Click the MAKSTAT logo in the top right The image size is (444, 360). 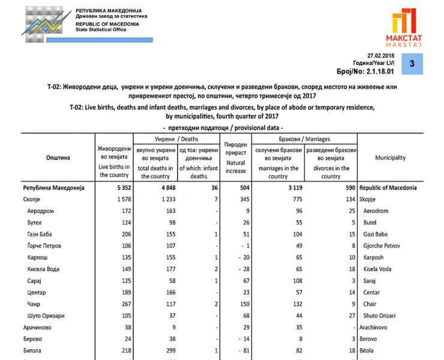[x=407, y=28]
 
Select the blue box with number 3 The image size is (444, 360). [x=412, y=64]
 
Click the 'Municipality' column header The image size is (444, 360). [x=390, y=158]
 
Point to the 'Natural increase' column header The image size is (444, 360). [x=236, y=158]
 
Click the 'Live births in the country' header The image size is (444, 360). [x=114, y=162]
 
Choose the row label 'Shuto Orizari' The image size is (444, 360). [x=381, y=316]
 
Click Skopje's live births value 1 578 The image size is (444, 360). [x=120, y=199]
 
